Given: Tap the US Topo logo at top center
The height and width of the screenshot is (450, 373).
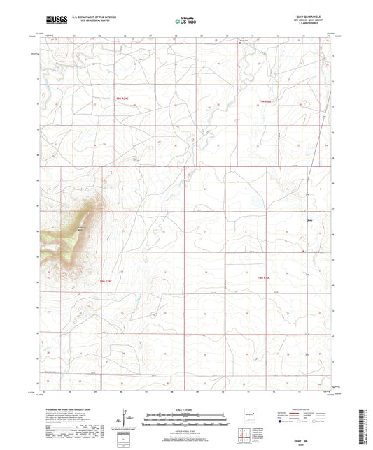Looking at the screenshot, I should click(x=185, y=22).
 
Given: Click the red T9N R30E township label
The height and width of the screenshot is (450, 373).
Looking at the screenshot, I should click(x=265, y=103).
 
